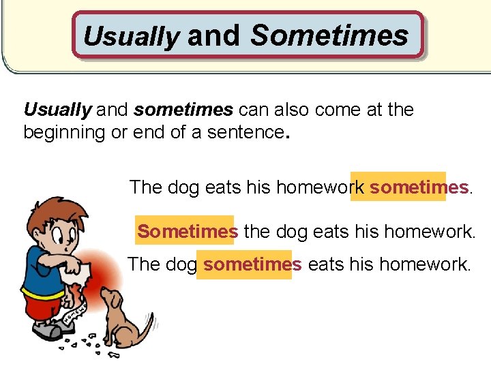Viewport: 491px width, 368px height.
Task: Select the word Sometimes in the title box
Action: click(x=329, y=35)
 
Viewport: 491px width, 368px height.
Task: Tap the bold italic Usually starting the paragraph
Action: click(x=57, y=109)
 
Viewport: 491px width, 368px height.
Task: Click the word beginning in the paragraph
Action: click(x=64, y=132)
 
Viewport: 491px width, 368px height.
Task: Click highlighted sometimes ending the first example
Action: click(x=419, y=187)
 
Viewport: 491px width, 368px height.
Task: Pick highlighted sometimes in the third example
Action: click(x=252, y=264)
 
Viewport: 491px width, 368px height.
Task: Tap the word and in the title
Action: click(x=213, y=35)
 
